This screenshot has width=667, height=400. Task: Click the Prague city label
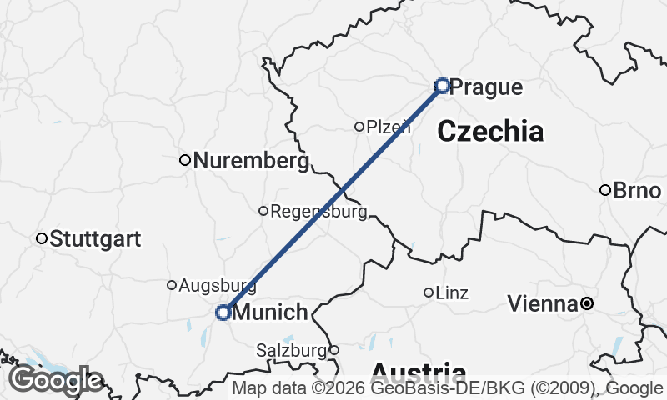pyautogui.click(x=486, y=87)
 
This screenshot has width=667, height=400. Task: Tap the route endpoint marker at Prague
pyautogui.click(x=443, y=85)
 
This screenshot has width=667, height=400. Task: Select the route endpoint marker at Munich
pyautogui.click(x=223, y=312)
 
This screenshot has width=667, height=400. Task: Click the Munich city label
pyautogui.click(x=271, y=313)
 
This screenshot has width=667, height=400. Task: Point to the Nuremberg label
pyautogui.click(x=251, y=160)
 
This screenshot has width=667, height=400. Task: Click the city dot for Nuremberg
pyautogui.click(x=186, y=160)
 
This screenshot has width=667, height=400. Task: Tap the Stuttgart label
pyautogui.click(x=95, y=239)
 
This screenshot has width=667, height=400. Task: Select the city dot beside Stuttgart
pyautogui.click(x=42, y=239)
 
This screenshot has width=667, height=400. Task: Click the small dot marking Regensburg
pyautogui.click(x=263, y=211)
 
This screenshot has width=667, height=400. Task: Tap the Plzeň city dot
pyautogui.click(x=359, y=127)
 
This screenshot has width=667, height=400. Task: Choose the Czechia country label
pyautogui.click(x=489, y=131)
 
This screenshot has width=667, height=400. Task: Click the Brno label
pyautogui.click(x=637, y=190)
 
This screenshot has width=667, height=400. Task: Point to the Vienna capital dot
pyautogui.click(x=587, y=303)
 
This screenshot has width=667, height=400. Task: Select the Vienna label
pyautogui.click(x=543, y=304)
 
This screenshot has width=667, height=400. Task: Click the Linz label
pyautogui.click(x=452, y=293)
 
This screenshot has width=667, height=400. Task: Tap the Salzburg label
pyautogui.click(x=291, y=350)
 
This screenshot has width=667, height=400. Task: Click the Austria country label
pyautogui.click(x=418, y=372)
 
